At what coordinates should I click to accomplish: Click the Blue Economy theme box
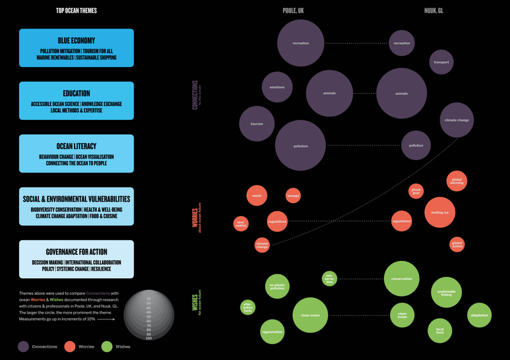(76, 48)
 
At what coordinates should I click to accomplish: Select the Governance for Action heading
(76, 252)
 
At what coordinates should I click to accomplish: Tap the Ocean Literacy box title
(76, 146)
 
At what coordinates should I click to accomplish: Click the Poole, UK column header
(293, 10)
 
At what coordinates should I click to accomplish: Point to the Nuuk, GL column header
(434, 10)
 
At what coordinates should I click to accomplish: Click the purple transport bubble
(441, 62)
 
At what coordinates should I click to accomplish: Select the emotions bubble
(277, 87)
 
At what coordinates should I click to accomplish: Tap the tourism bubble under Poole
(257, 124)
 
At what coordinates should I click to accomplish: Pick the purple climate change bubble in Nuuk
(456, 120)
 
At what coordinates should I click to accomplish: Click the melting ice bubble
(440, 212)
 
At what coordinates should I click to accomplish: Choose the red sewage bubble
(293, 196)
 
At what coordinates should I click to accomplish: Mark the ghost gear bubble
(416, 191)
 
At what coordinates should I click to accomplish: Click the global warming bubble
(456, 181)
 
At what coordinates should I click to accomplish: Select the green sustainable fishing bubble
(446, 293)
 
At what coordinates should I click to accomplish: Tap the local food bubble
(440, 331)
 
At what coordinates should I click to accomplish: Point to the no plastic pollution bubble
(277, 286)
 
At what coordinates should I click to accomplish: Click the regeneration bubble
(272, 332)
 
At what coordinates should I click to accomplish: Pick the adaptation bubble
(479, 315)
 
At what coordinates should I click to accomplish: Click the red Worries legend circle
(70, 346)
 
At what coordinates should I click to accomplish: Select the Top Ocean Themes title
(76, 10)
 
